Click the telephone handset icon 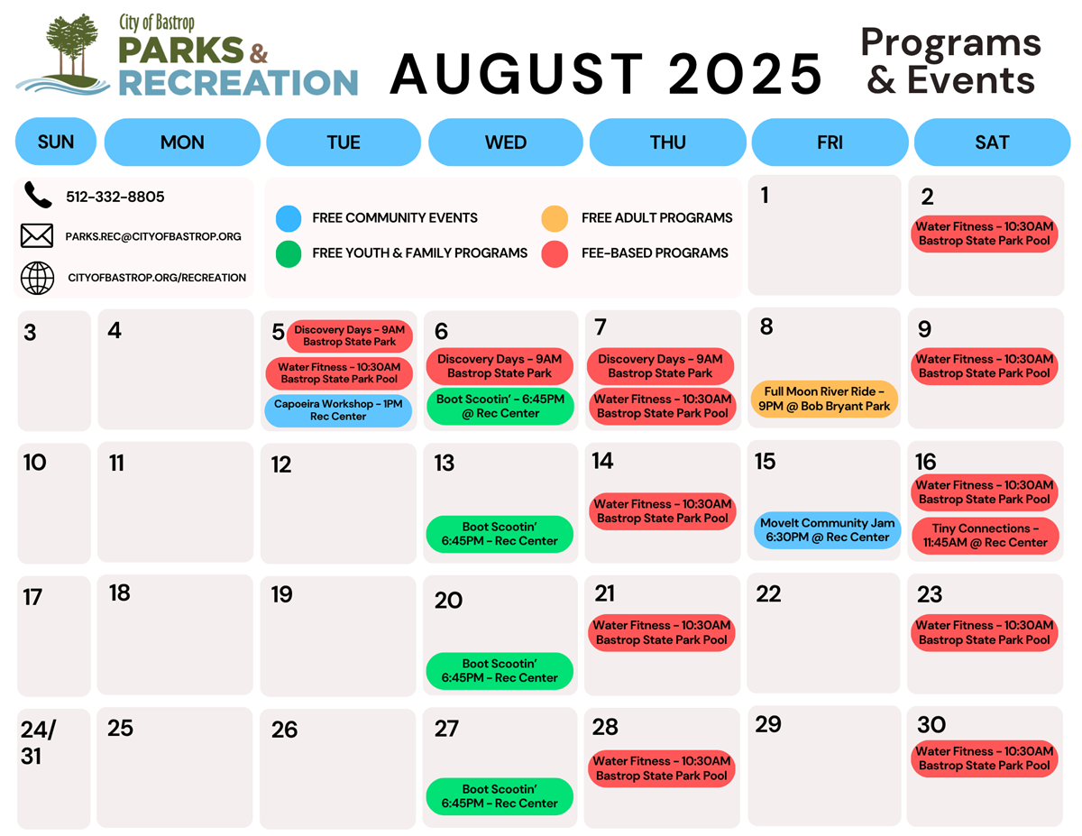tap(38, 195)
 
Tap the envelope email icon tap(37, 235)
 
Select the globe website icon tap(37, 278)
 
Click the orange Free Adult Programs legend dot tap(555, 218)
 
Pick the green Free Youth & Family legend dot tap(289, 254)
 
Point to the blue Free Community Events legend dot tap(289, 218)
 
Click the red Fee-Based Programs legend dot tap(555, 254)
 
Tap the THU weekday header tap(667, 142)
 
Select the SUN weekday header tap(56, 142)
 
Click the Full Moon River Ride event tap(824, 399)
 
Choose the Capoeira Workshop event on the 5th tap(338, 410)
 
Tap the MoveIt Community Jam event tap(827, 530)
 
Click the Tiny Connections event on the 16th tap(985, 536)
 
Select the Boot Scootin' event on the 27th tap(500, 796)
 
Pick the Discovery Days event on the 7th tap(660, 366)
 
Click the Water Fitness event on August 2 tap(985, 234)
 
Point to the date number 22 tap(768, 594)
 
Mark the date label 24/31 tap(39, 742)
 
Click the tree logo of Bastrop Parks tap(64, 54)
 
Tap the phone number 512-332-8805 tap(115, 197)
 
